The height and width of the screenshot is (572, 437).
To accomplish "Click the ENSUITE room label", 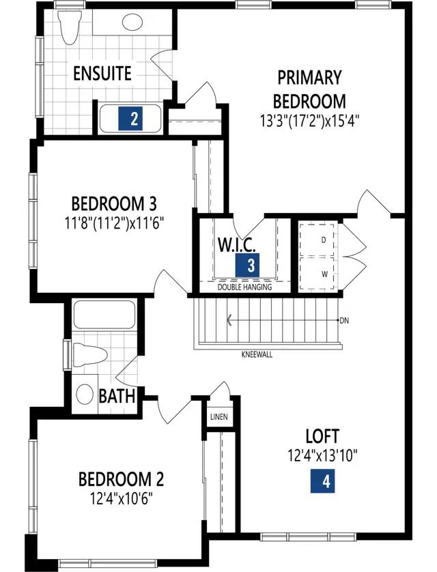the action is click(102, 73).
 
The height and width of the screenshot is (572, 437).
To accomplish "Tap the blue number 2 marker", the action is click(130, 118).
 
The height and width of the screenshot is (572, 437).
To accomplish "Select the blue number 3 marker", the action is click(247, 265).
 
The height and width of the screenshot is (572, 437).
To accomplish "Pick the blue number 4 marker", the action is click(322, 481).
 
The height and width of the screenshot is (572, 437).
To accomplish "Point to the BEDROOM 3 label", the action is click(114, 203).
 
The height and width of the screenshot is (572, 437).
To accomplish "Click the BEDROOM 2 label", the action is click(121, 479).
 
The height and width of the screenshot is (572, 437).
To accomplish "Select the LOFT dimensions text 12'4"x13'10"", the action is click(322, 455).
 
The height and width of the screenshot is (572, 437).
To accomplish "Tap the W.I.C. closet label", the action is click(237, 245).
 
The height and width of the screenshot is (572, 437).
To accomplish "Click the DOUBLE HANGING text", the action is click(244, 287).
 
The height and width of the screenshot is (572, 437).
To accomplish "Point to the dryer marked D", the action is click(316, 240).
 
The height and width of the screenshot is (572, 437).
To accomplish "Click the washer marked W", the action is click(316, 274).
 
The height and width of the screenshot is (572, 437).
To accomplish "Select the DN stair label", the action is click(344, 321).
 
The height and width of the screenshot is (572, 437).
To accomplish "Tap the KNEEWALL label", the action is click(257, 354).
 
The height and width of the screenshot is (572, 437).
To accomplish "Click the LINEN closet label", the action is click(219, 416).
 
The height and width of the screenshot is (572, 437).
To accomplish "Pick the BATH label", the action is click(117, 396).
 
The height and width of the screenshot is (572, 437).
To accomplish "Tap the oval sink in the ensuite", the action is click(132, 23).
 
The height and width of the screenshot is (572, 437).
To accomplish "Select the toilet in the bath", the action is click(89, 354).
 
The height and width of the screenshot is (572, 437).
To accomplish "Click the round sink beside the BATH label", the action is click(85, 395).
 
